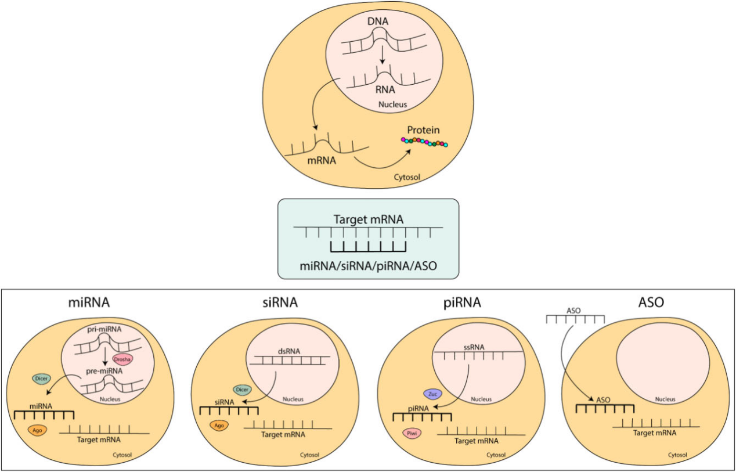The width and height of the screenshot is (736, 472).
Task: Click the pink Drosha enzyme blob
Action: [124, 359]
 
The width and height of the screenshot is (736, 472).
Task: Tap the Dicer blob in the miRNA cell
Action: [42, 379]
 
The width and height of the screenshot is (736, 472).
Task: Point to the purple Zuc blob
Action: [433, 393]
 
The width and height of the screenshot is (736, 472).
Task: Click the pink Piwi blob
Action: [410, 433]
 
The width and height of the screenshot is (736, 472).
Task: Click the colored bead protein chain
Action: [424, 142]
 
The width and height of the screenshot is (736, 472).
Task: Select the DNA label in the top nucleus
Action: [378, 21]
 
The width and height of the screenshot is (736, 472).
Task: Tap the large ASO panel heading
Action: [650, 302]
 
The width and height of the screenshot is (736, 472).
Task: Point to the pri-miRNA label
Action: [106, 329]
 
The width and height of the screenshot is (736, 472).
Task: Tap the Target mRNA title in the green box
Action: [369, 219]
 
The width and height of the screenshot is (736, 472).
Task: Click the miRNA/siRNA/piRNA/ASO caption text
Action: [369, 266]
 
